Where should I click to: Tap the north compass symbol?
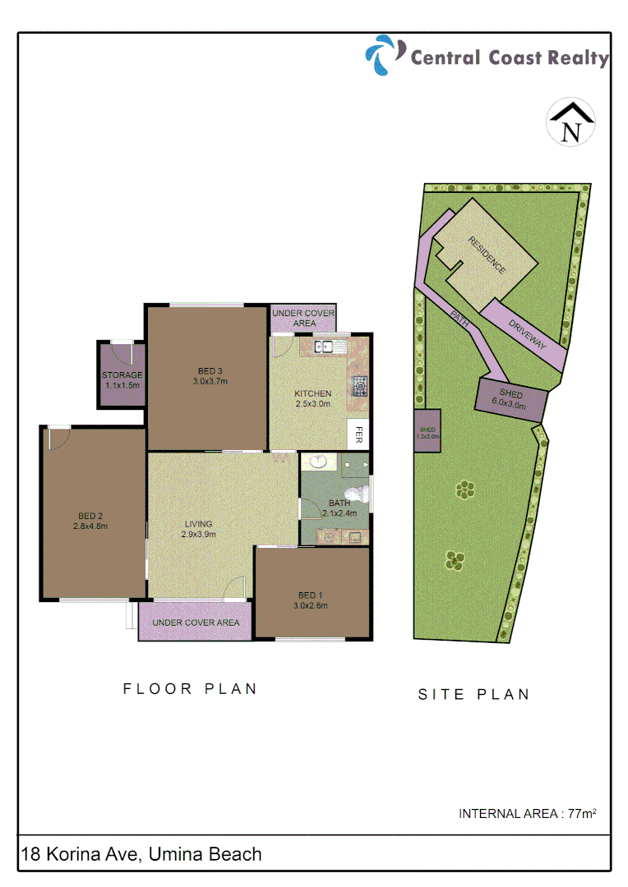coord(570,124)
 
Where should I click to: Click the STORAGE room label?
coord(122,375)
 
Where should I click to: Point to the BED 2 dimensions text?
coord(90,526)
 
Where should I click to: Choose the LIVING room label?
coord(198,523)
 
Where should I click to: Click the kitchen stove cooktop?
coord(359,385)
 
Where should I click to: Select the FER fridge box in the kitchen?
coord(359,434)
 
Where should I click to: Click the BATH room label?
coord(339,503)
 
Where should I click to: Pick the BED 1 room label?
coord(312,595)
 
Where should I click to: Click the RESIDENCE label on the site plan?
coord(487,255)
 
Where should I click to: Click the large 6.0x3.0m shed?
coord(510,400)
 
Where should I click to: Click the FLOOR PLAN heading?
coord(191,689)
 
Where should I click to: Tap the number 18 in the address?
coord(31,854)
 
